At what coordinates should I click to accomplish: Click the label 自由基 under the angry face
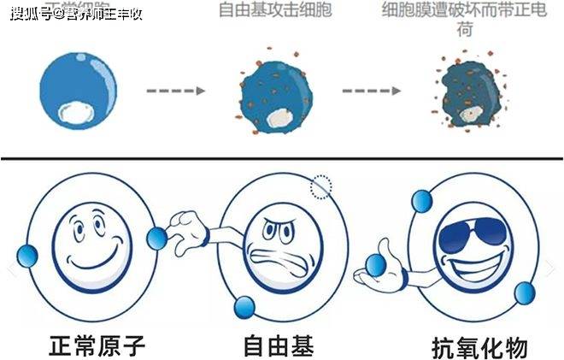pyautogui.click(x=278, y=346)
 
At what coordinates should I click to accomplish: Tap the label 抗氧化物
pyautogui.click(x=479, y=348)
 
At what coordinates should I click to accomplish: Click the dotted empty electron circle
pyautogui.click(x=320, y=186)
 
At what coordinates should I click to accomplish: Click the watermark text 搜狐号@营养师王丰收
pyautogui.click(x=73, y=13)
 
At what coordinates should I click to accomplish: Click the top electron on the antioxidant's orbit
pyautogui.click(x=420, y=202)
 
